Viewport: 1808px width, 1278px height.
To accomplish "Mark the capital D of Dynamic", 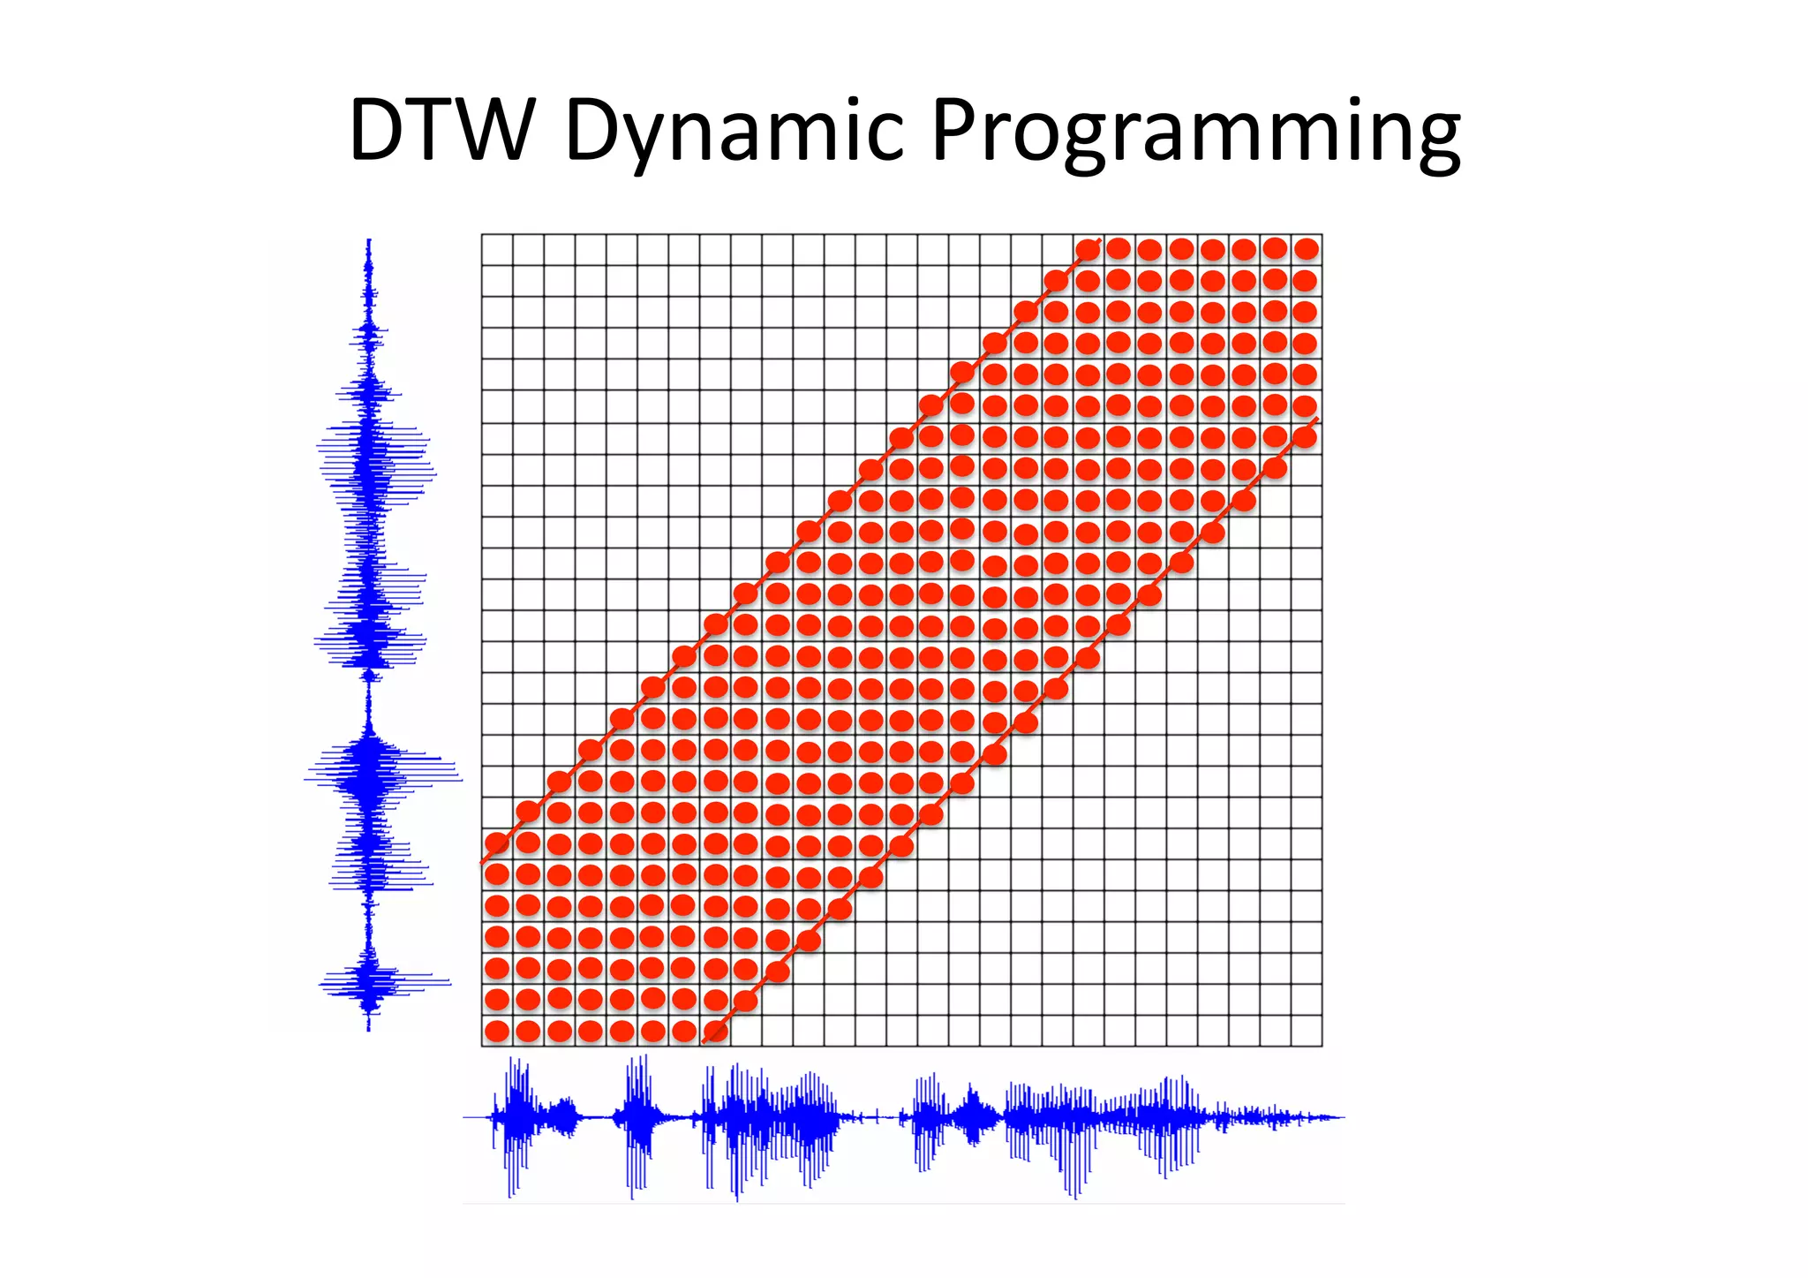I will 591,131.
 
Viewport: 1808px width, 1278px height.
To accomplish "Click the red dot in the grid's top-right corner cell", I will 1306,250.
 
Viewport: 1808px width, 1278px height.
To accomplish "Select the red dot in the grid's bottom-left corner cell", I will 497,1031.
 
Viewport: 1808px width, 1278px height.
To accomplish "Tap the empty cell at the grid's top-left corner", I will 497,250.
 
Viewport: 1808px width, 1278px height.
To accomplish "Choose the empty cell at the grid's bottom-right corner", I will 1306,1031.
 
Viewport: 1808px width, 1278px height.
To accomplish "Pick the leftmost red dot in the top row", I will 1088,250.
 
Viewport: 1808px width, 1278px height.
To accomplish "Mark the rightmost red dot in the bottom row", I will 716,1031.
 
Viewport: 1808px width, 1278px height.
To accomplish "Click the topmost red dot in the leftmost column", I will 497,843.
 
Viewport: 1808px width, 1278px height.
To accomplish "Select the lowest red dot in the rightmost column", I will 1306,436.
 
